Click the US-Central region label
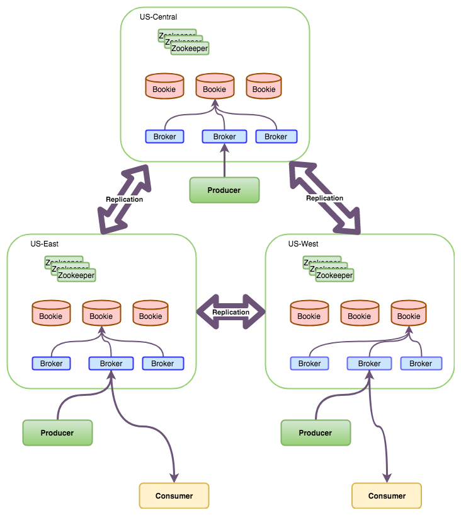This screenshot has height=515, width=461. point(158,16)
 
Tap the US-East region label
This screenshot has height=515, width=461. point(45,243)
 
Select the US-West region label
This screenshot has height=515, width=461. point(302,243)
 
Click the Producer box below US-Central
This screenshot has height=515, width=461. point(224,190)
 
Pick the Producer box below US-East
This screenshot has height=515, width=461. point(57,433)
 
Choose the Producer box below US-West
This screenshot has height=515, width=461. point(316,433)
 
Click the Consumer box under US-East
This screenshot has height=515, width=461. point(174,496)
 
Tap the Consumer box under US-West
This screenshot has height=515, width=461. point(387,496)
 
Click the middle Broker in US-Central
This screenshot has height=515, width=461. point(224,137)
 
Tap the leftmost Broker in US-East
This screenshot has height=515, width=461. point(51,364)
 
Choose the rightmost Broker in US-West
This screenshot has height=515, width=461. point(421,364)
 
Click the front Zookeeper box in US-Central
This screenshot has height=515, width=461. point(190,48)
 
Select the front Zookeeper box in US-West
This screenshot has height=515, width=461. point(334,275)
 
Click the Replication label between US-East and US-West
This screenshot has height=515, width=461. point(231,312)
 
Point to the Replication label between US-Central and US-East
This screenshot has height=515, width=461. point(124,199)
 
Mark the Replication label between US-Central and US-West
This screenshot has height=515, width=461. point(324,198)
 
